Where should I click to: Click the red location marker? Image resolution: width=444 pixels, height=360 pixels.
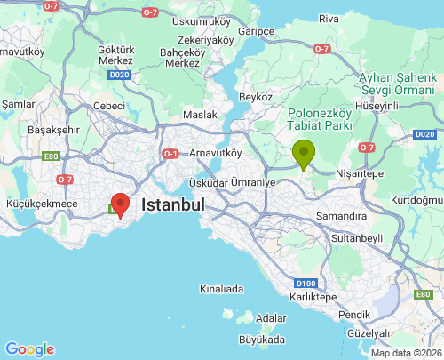[119, 204]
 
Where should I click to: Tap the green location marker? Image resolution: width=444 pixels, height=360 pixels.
[304, 154]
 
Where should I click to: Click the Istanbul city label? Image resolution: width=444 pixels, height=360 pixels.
[174, 204]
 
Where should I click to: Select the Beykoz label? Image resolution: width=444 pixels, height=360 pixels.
[255, 95]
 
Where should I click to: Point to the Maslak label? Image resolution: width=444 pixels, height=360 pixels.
[200, 115]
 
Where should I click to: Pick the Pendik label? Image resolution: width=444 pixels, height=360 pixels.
[354, 314]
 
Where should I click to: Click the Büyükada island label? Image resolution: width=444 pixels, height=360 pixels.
[262, 340]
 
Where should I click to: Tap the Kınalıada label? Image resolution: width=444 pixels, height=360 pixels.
[221, 289]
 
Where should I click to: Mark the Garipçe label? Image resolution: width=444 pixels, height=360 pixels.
[257, 30]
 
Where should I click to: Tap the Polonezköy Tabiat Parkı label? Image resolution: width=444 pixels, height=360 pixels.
[321, 119]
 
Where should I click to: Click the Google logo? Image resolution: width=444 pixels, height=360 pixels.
[29, 349]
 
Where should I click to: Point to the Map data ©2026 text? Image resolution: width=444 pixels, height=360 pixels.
[405, 353]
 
